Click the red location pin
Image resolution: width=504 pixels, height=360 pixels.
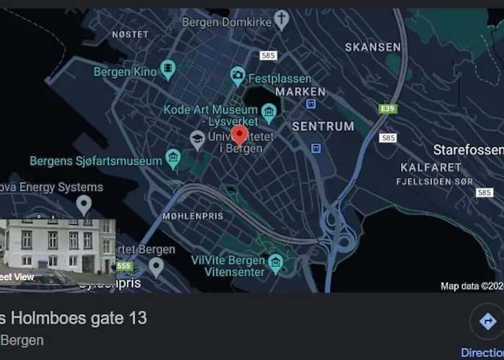coord(239,135)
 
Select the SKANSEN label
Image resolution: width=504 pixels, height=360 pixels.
coord(372,47)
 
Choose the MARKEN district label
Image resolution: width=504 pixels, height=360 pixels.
coord(300,91)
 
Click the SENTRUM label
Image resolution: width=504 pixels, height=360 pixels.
coord(323,126)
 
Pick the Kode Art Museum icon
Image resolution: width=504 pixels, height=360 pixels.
coord(269,112)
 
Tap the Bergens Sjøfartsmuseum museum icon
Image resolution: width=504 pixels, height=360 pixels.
coord(173,156)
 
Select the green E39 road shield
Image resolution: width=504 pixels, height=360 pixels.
coord(388,108)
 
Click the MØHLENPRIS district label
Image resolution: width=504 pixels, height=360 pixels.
coord(192,215)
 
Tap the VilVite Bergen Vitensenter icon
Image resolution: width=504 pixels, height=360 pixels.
coord(275,264)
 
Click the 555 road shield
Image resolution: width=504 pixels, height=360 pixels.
coord(125,266)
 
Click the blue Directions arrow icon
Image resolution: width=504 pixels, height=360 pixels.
coord(488,321)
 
